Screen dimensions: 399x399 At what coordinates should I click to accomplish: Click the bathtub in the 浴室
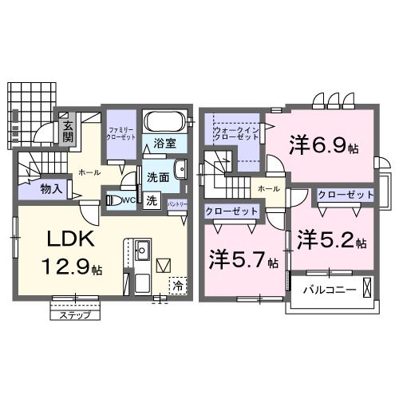(x=165, y=124)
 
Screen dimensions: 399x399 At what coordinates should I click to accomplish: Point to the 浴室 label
(x=166, y=144)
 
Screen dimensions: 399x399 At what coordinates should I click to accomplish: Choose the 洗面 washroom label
(x=157, y=177)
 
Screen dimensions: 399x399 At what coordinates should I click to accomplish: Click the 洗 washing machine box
(x=152, y=201)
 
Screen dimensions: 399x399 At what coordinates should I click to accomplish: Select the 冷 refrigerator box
(x=180, y=282)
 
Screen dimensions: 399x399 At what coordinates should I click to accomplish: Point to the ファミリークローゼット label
(x=122, y=134)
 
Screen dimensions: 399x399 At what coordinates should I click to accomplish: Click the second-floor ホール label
(x=268, y=188)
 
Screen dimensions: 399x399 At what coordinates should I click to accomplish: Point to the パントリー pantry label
(x=178, y=205)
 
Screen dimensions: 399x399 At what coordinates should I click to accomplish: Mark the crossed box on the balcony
(x=366, y=286)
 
